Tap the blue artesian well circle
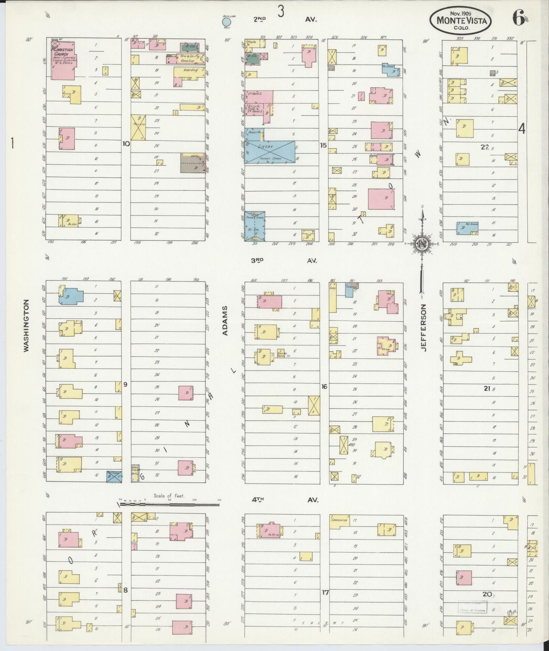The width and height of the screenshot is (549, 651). click(x=227, y=21)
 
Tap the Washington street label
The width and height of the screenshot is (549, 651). click(x=26, y=326)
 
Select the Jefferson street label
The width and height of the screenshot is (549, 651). click(x=424, y=327)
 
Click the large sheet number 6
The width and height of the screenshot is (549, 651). click(x=518, y=19)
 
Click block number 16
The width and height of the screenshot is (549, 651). click(x=324, y=387)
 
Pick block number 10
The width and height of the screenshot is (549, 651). click(x=126, y=144)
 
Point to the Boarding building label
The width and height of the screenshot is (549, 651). click(x=190, y=70)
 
